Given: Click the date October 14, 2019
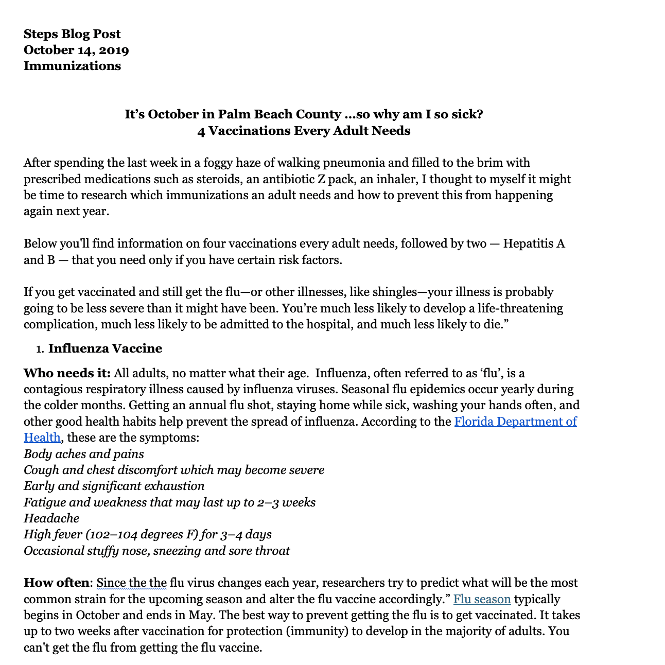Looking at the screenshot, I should [76, 50].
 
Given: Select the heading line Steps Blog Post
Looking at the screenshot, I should [72, 34].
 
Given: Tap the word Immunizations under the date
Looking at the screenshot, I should [72, 66].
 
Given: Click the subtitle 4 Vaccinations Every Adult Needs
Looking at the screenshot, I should [304, 131].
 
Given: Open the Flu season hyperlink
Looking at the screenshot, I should [482, 599].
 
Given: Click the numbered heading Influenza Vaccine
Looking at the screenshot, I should [105, 348].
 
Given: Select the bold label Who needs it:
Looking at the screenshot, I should [67, 373].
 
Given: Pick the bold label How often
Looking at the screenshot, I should [56, 583].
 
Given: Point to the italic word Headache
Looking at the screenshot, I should [51, 518].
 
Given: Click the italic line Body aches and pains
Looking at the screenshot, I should [84, 454].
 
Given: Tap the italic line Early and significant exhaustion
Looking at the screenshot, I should [114, 486].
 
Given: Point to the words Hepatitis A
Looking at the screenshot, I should [534, 243].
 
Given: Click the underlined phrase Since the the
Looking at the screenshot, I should [132, 583].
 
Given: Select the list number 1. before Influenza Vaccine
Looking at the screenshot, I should [40, 349].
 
